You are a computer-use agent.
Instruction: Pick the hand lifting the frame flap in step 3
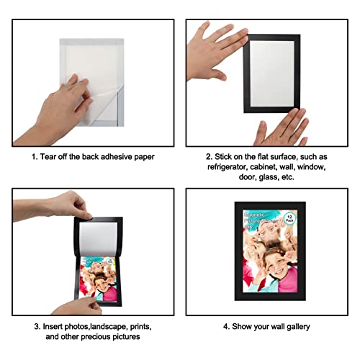click(72, 205)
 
